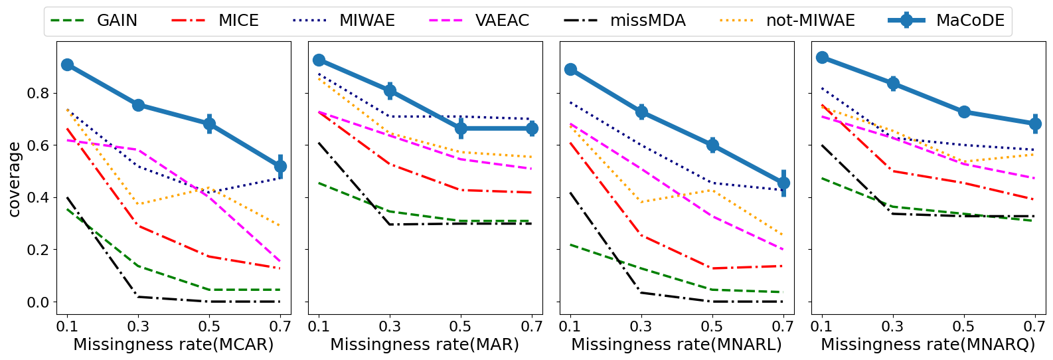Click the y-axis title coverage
click(x=14, y=179)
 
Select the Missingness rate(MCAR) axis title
click(x=173, y=345)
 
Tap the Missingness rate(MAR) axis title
click(x=425, y=345)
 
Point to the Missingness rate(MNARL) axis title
click(x=677, y=345)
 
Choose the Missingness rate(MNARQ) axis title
click(x=928, y=345)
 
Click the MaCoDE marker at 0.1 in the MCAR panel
click(x=67, y=64)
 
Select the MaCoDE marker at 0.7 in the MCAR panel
click(x=280, y=166)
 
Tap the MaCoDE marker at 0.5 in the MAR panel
click(x=461, y=128)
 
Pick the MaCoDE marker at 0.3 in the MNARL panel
click(x=641, y=112)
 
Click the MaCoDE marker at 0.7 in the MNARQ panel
click(x=1035, y=124)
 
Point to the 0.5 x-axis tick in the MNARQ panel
click(x=964, y=327)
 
